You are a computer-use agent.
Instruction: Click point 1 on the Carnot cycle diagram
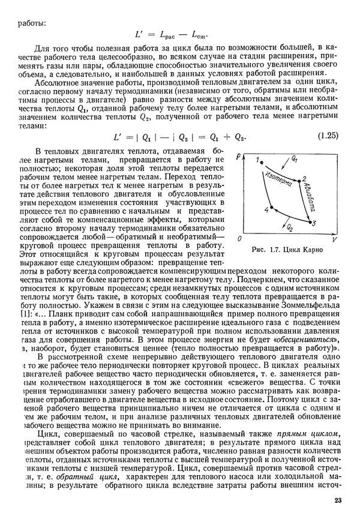[262, 161]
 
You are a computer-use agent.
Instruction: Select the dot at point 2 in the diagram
[298, 179]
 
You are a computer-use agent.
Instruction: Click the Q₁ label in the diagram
[294, 160]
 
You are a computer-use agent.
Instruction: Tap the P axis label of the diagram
[238, 157]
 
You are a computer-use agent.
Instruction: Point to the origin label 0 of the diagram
[239, 239]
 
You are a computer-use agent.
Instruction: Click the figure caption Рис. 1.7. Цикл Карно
[287, 249]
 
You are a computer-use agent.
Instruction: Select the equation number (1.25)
[329, 137]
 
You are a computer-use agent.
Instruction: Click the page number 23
[337, 502]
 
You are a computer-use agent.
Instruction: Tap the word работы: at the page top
[31, 23]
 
